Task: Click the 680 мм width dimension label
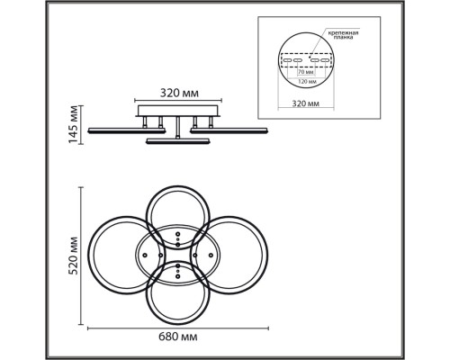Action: pos(178,337)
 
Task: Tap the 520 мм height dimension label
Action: pos(73,256)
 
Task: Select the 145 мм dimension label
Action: pos(73,124)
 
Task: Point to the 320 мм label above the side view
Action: pos(179,94)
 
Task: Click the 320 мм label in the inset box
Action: pos(306,103)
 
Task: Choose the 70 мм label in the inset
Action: pos(306,72)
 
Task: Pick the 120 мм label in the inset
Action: pos(306,81)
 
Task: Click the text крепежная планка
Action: pos(343,35)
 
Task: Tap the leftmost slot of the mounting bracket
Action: pos(288,60)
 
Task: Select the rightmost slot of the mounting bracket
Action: pos(325,60)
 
